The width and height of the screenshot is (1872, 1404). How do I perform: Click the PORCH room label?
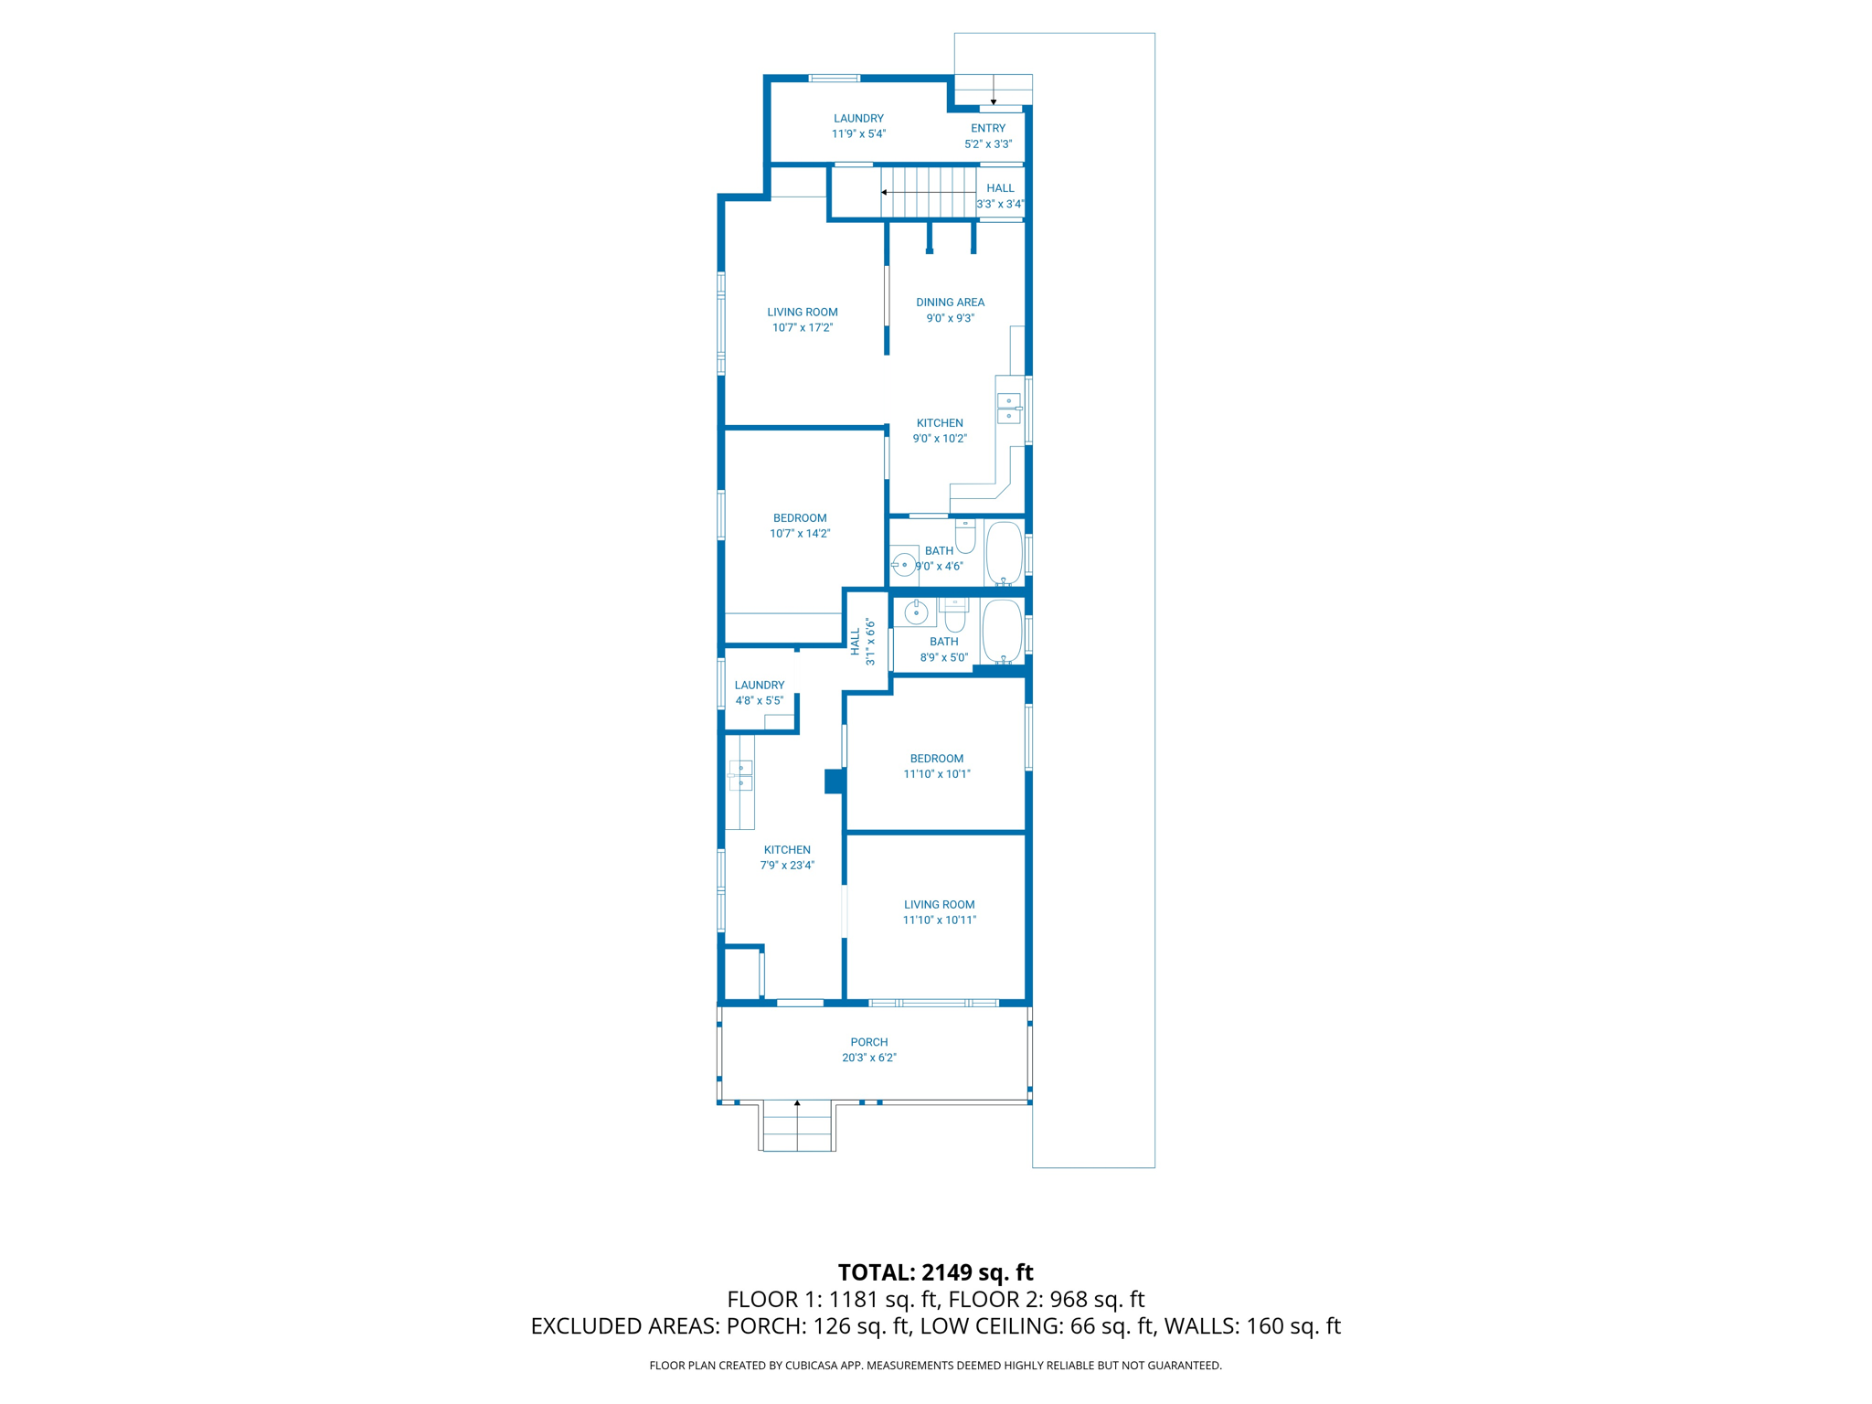868,1041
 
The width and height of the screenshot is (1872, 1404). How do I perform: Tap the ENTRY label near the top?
988,128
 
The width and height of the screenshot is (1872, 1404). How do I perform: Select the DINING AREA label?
950,302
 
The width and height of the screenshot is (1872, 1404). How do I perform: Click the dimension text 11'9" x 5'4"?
858,133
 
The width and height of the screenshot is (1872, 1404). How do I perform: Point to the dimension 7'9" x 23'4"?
787,865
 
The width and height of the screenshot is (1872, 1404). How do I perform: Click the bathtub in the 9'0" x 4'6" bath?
1004,552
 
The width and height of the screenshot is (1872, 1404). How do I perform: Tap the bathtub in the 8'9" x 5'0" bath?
1002,631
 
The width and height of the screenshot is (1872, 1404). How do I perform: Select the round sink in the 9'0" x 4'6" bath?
904,564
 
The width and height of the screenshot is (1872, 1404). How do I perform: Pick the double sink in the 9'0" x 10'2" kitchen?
1008,408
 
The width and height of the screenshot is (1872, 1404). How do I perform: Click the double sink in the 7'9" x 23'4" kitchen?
740,775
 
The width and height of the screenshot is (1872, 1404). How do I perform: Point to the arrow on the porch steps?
797,1104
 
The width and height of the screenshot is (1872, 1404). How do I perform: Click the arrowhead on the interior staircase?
884,192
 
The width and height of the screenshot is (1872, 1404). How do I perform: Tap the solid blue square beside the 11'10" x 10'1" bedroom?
834,781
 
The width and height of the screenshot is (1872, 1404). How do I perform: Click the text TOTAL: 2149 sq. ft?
935,1271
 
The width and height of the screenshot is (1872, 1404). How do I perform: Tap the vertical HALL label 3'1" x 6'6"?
862,642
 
